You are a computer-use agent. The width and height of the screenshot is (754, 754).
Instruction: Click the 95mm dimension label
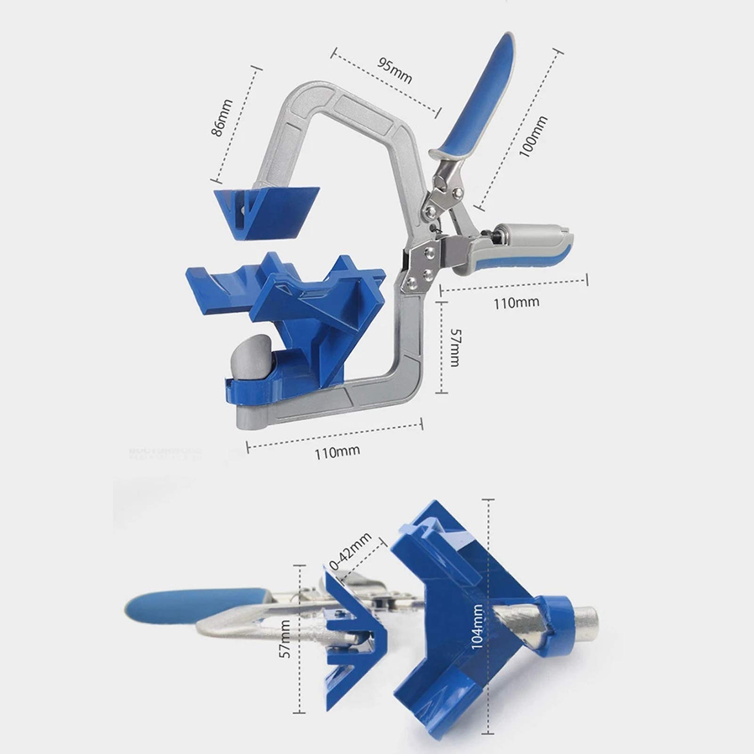tap(394, 70)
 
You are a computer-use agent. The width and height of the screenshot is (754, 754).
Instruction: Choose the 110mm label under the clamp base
tap(337, 452)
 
